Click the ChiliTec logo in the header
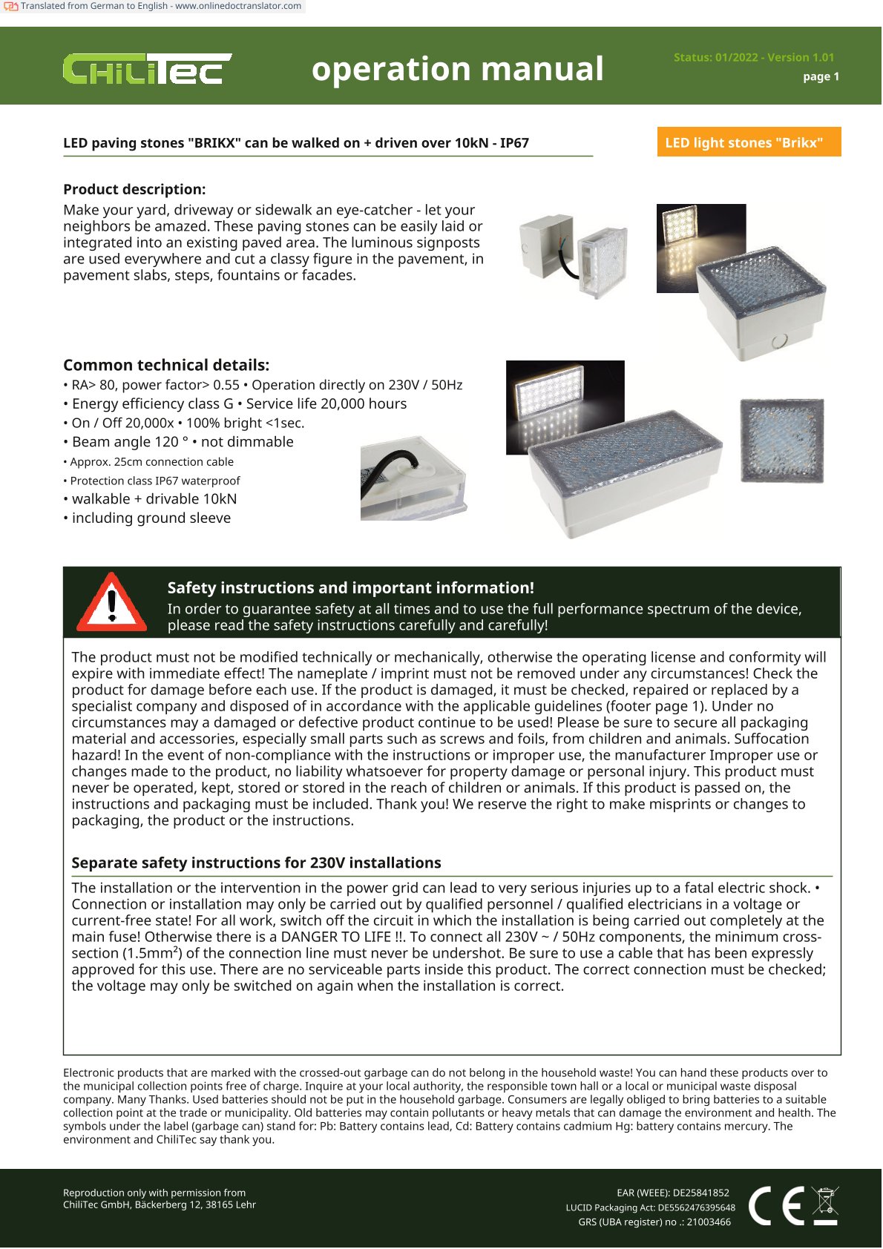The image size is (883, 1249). [146, 69]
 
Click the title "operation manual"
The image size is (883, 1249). [457, 69]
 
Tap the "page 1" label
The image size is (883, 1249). [821, 76]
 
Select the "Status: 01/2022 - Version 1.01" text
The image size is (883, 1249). [753, 57]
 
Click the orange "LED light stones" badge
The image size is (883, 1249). [748, 142]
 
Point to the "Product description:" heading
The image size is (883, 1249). [134, 189]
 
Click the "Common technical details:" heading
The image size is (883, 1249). [166, 365]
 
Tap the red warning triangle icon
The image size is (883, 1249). [112, 602]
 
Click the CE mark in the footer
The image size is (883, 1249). [776, 1205]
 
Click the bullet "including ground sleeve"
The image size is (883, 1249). [151, 518]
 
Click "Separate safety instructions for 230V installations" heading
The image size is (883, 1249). [256, 863]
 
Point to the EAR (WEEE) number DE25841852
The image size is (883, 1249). [700, 1193]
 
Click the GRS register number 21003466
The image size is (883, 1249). [708, 1222]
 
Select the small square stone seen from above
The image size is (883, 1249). [782, 440]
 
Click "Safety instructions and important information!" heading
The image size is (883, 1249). [350, 587]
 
